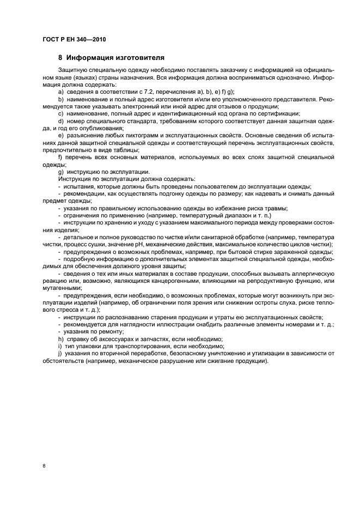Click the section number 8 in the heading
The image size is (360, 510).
(x=60, y=57)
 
